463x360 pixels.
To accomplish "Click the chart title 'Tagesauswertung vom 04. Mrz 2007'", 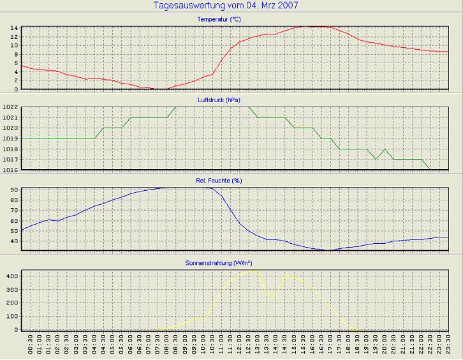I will click(x=226, y=6).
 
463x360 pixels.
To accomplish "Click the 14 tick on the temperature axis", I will click(x=13, y=28).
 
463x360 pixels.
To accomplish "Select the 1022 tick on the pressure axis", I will click(x=9, y=108).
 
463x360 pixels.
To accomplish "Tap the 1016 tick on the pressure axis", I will click(x=9, y=170).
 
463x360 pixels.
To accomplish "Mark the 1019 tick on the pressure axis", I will click(x=9, y=139).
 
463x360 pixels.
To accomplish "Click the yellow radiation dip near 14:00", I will click(x=272, y=296).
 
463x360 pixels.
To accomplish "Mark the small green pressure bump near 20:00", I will click(x=385, y=149).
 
